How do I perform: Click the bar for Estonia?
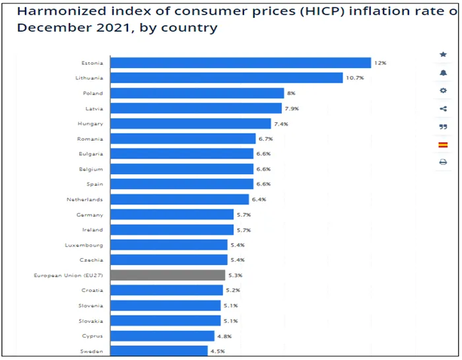tap(240, 63)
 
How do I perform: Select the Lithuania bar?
tap(226, 78)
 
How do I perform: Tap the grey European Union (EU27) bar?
tap(168, 275)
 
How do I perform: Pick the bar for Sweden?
tap(158, 351)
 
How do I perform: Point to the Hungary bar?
tap(190, 124)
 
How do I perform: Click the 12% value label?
tap(380, 63)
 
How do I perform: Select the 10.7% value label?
tap(354, 78)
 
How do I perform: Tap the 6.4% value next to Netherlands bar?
tap(258, 199)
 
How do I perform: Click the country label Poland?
tap(94, 93)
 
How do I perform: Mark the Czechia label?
tap(92, 260)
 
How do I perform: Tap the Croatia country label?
tap(93, 290)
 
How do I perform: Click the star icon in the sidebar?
tap(443, 54)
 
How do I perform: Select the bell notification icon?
tap(443, 73)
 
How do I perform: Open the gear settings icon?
tap(443, 90)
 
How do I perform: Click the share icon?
tap(443, 108)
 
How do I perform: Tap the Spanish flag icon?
tap(443, 144)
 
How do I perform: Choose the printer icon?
tap(443, 162)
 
